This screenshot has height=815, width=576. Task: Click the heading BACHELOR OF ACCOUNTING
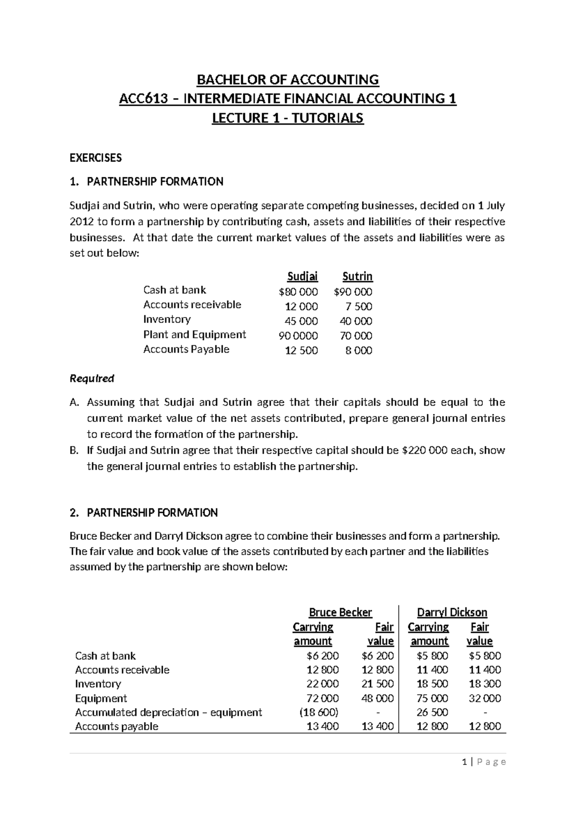pyautogui.click(x=288, y=79)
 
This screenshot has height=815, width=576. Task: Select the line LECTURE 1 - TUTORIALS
pyautogui.click(x=288, y=118)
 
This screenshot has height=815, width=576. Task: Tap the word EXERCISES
pyautogui.click(x=96, y=158)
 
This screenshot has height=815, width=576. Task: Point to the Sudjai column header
pyautogui.click(x=302, y=276)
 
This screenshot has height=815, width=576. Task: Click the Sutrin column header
pyautogui.click(x=357, y=276)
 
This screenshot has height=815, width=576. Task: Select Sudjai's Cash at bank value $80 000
pyautogui.click(x=298, y=292)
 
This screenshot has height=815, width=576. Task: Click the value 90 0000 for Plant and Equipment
pyautogui.click(x=298, y=336)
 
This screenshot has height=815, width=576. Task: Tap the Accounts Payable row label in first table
pyautogui.click(x=186, y=349)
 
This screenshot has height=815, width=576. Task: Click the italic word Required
pyautogui.click(x=92, y=379)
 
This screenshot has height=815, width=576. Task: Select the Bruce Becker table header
pyautogui.click(x=340, y=612)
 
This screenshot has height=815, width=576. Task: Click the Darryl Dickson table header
pyautogui.click(x=452, y=612)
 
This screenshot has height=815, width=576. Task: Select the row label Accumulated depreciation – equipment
pyautogui.click(x=168, y=712)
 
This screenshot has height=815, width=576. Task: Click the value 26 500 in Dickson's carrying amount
pyautogui.click(x=432, y=712)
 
